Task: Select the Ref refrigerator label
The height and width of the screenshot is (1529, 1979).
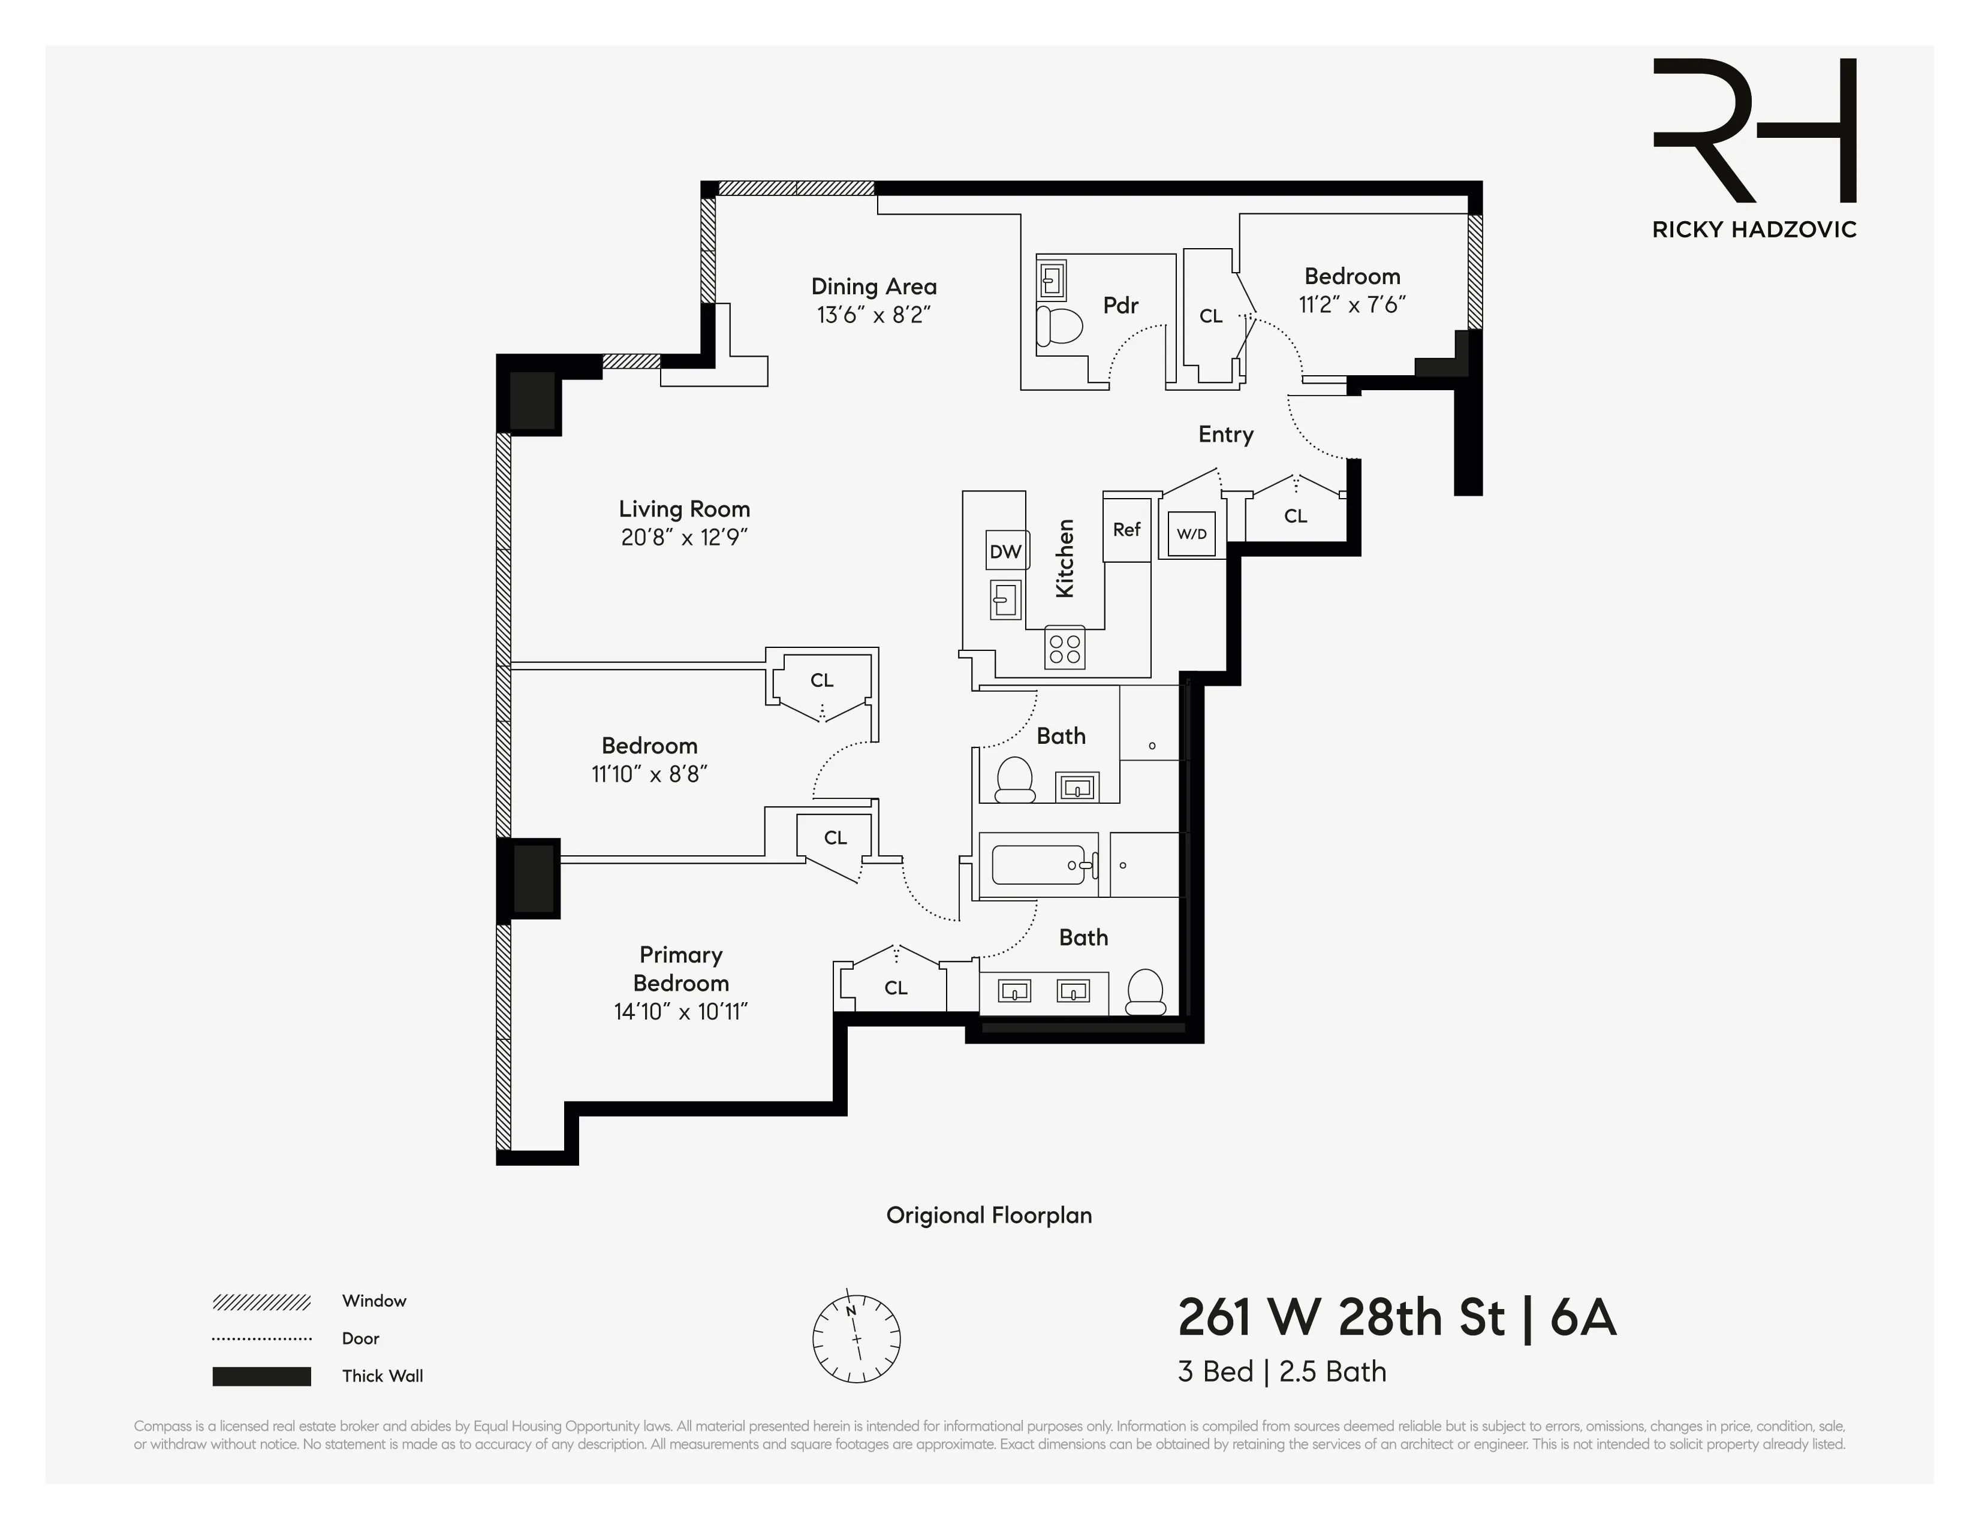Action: pos(1126,529)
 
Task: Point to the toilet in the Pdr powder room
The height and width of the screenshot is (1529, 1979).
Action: pos(1060,326)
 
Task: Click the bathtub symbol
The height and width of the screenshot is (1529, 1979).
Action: pos(1038,865)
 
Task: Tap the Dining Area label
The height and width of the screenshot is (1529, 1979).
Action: pos(873,287)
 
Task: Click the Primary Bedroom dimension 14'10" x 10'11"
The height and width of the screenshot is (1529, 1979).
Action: pos(680,1012)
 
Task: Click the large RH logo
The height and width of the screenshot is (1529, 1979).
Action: pos(1754,131)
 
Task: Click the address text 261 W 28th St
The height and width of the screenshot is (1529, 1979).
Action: pos(1342,1318)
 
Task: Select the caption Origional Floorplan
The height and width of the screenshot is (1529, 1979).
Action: pos(989,1216)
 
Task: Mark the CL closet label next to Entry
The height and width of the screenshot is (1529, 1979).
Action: pos(1295,516)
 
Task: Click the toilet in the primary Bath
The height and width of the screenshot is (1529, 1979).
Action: pos(1144,994)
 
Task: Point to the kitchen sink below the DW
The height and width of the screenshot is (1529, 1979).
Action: pos(1005,599)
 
